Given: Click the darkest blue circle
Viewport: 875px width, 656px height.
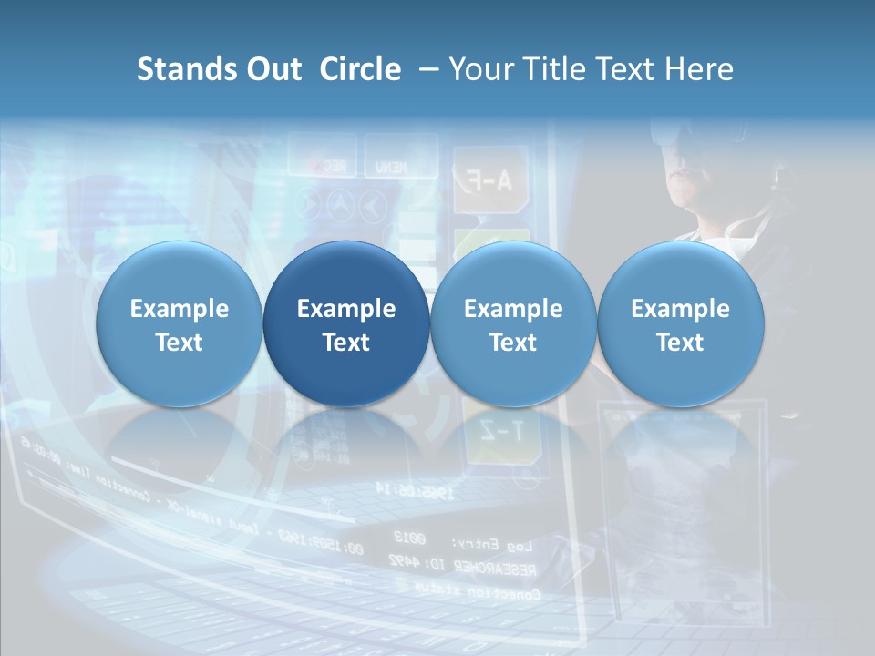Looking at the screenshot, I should [x=346, y=323].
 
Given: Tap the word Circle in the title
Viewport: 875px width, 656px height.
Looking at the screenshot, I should [x=360, y=69].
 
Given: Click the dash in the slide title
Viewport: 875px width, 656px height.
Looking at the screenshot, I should [x=425, y=70].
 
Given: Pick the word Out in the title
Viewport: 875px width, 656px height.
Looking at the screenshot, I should [x=273, y=69].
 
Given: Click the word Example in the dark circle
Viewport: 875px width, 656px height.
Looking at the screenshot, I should [x=346, y=309].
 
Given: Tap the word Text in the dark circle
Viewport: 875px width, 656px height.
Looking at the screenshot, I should [x=346, y=343].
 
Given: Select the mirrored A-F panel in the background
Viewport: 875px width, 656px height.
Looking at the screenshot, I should [x=484, y=179].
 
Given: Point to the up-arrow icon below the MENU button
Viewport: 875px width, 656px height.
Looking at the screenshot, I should [x=343, y=206].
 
